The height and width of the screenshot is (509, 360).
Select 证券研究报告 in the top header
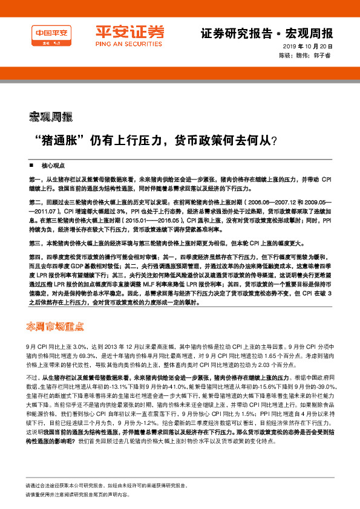[x=231, y=33]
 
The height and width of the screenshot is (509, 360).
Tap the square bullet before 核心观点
[x=31, y=164]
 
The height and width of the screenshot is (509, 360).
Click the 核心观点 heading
[x=53, y=164]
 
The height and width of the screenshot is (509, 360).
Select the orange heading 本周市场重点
[x=55, y=326]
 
